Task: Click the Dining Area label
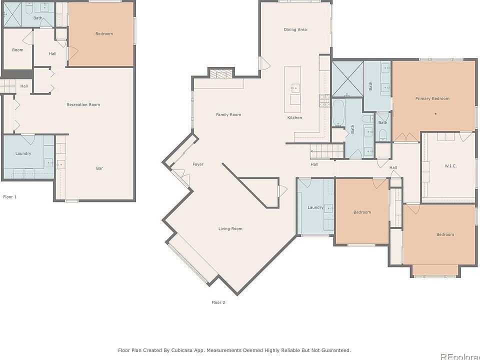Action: click(x=295, y=29)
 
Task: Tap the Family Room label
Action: click(x=228, y=115)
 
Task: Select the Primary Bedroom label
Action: click(x=432, y=98)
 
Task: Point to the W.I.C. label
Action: click(x=450, y=166)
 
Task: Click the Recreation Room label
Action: click(x=83, y=104)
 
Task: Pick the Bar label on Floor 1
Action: click(x=99, y=168)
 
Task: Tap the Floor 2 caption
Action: click(x=218, y=302)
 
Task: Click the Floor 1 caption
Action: click(x=10, y=197)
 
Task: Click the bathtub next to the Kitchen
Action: click(x=338, y=112)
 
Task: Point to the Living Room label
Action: click(x=230, y=228)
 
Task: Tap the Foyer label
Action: click(x=198, y=164)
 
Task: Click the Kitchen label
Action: click(x=294, y=117)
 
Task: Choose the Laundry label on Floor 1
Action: click(x=23, y=153)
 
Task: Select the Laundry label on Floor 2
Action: click(x=315, y=207)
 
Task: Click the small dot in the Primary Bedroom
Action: click(x=435, y=114)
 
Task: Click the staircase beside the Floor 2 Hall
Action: click(x=327, y=151)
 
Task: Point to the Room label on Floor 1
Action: click(x=18, y=50)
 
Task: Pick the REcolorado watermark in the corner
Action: click(x=460, y=356)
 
